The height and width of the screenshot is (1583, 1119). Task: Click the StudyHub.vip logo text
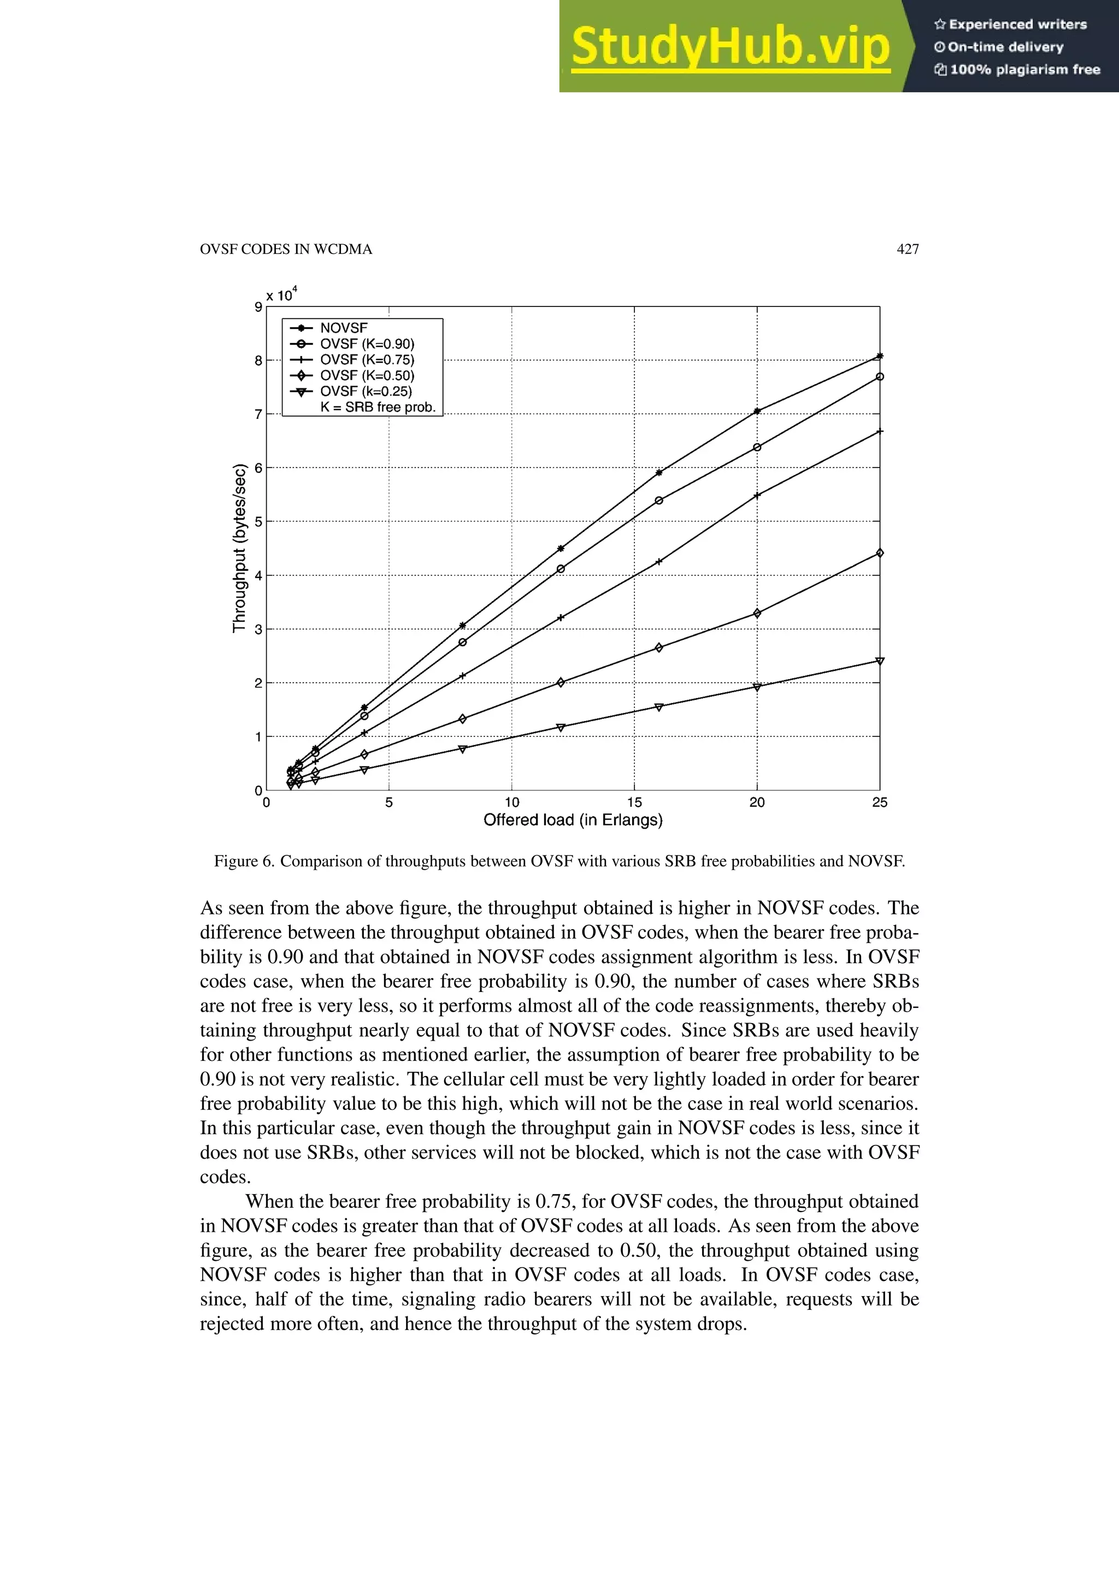(730, 47)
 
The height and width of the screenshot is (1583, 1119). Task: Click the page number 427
(908, 250)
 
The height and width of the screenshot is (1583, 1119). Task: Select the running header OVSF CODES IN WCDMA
(285, 250)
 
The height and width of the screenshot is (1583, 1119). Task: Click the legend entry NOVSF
(343, 328)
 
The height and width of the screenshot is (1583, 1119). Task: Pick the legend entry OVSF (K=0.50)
(367, 376)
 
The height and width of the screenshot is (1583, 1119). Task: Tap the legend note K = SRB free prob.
(378, 407)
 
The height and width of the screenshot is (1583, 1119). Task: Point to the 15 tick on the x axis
(634, 802)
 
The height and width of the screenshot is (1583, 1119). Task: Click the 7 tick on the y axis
(258, 415)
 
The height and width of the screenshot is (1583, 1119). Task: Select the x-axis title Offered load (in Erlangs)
(573, 820)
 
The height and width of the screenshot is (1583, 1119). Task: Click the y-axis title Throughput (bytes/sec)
(239, 548)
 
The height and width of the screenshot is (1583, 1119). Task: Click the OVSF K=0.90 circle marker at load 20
(757, 447)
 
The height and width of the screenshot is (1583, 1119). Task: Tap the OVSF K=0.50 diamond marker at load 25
(880, 553)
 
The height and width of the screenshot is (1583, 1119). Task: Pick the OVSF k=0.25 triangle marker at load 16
(658, 707)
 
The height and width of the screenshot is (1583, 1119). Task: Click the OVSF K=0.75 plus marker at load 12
(561, 618)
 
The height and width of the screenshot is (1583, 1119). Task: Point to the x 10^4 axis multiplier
(281, 295)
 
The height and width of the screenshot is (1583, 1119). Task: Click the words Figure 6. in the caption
(243, 861)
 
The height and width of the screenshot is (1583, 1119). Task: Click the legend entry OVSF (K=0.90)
(367, 344)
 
